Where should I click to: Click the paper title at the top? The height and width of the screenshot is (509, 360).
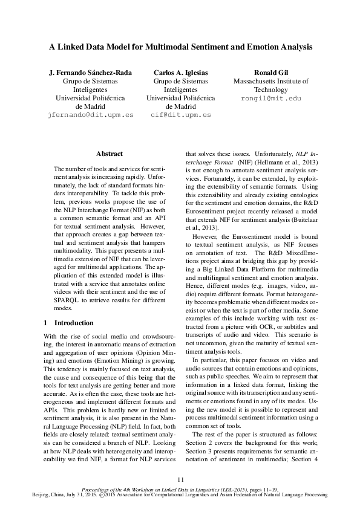(x=180, y=46)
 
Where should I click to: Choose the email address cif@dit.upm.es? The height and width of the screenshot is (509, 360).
(x=180, y=114)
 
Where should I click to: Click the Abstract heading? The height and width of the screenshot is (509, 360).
(x=110, y=154)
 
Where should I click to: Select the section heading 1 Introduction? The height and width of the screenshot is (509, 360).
(x=68, y=323)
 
